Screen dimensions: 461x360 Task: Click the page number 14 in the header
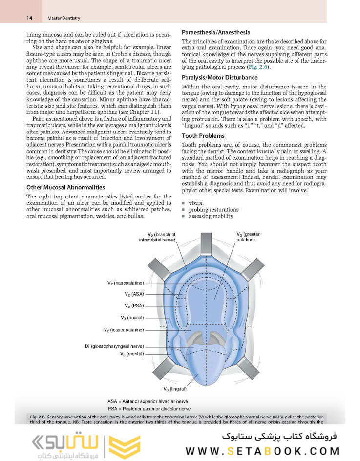29,18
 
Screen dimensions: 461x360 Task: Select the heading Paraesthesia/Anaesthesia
216,32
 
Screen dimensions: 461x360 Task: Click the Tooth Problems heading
203,135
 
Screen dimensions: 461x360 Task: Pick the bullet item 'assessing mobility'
211,216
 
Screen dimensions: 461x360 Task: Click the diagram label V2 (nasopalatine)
126,283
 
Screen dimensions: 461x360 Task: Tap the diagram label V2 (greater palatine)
248,237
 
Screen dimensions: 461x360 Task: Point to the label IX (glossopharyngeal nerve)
114,346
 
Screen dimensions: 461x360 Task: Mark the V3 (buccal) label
132,317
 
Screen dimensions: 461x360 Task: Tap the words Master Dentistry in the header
64,18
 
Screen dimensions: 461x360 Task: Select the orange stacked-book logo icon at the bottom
118,443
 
